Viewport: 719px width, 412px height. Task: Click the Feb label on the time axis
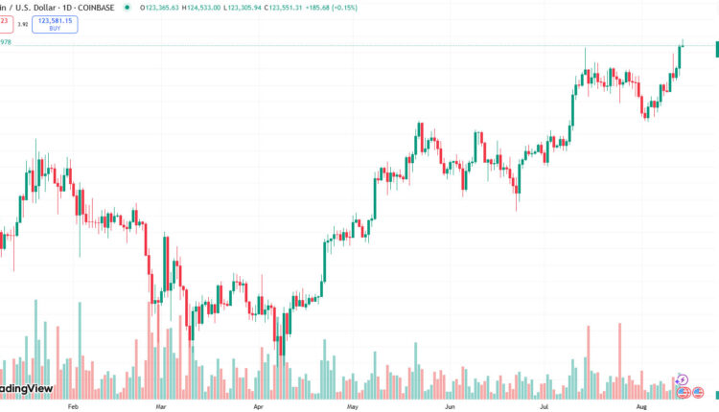click(x=73, y=406)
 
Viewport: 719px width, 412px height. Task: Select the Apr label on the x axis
click(x=257, y=406)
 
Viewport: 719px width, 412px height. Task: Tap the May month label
click(x=353, y=406)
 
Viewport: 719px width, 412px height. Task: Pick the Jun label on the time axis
click(x=450, y=406)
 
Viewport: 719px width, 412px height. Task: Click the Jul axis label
click(x=544, y=406)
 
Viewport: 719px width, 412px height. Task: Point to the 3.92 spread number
click(x=21, y=25)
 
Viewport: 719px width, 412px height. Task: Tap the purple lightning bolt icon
click(x=683, y=380)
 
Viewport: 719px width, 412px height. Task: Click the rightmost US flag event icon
click(x=699, y=392)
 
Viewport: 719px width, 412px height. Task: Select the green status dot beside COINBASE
click(x=133, y=7)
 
